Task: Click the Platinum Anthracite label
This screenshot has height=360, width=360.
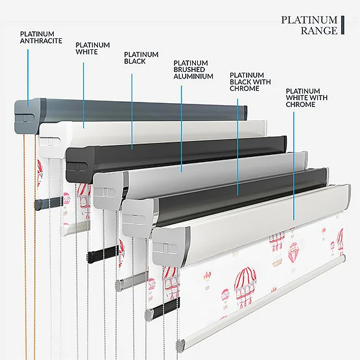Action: coord(41,38)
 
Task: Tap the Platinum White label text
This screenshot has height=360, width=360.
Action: coord(93,49)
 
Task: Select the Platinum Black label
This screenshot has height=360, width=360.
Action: coord(141,58)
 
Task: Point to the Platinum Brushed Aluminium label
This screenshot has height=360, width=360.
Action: coord(193,69)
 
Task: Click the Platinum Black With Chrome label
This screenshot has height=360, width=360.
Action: coord(250,82)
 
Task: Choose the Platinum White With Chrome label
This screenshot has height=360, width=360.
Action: coord(306,97)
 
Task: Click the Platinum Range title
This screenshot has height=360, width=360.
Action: coord(309,25)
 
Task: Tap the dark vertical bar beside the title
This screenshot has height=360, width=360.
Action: coord(342,25)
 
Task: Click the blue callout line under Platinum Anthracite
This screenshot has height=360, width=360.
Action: coord(28,78)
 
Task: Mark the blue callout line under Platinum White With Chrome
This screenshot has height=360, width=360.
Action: coord(294,166)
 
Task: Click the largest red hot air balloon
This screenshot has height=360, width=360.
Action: coord(245,285)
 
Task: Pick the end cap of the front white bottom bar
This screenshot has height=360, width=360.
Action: coord(181,345)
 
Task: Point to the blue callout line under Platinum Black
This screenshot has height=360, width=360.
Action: coord(132,112)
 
